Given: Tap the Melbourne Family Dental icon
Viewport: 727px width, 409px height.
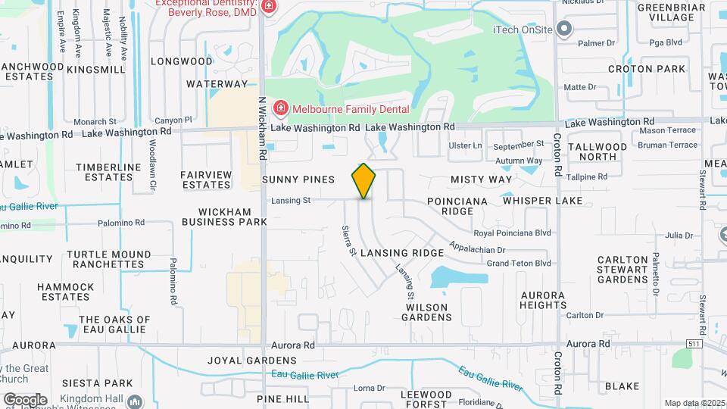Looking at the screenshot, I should (x=280, y=109).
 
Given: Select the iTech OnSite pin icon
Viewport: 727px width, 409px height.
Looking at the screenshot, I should (x=563, y=30).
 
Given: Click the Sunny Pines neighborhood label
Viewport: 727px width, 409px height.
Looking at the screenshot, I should (x=298, y=180).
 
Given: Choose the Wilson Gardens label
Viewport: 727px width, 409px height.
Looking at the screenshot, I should (x=429, y=312).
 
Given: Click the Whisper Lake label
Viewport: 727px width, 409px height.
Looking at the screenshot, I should (x=542, y=201).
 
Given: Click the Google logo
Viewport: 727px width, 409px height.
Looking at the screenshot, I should (x=25, y=399).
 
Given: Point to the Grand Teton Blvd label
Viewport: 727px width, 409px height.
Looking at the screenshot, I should (x=519, y=264).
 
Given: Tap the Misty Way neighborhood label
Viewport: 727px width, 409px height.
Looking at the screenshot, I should (x=481, y=180).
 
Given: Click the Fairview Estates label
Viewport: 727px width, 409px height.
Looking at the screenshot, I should (x=206, y=180).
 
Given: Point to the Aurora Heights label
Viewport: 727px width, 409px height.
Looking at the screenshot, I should (x=543, y=300).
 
